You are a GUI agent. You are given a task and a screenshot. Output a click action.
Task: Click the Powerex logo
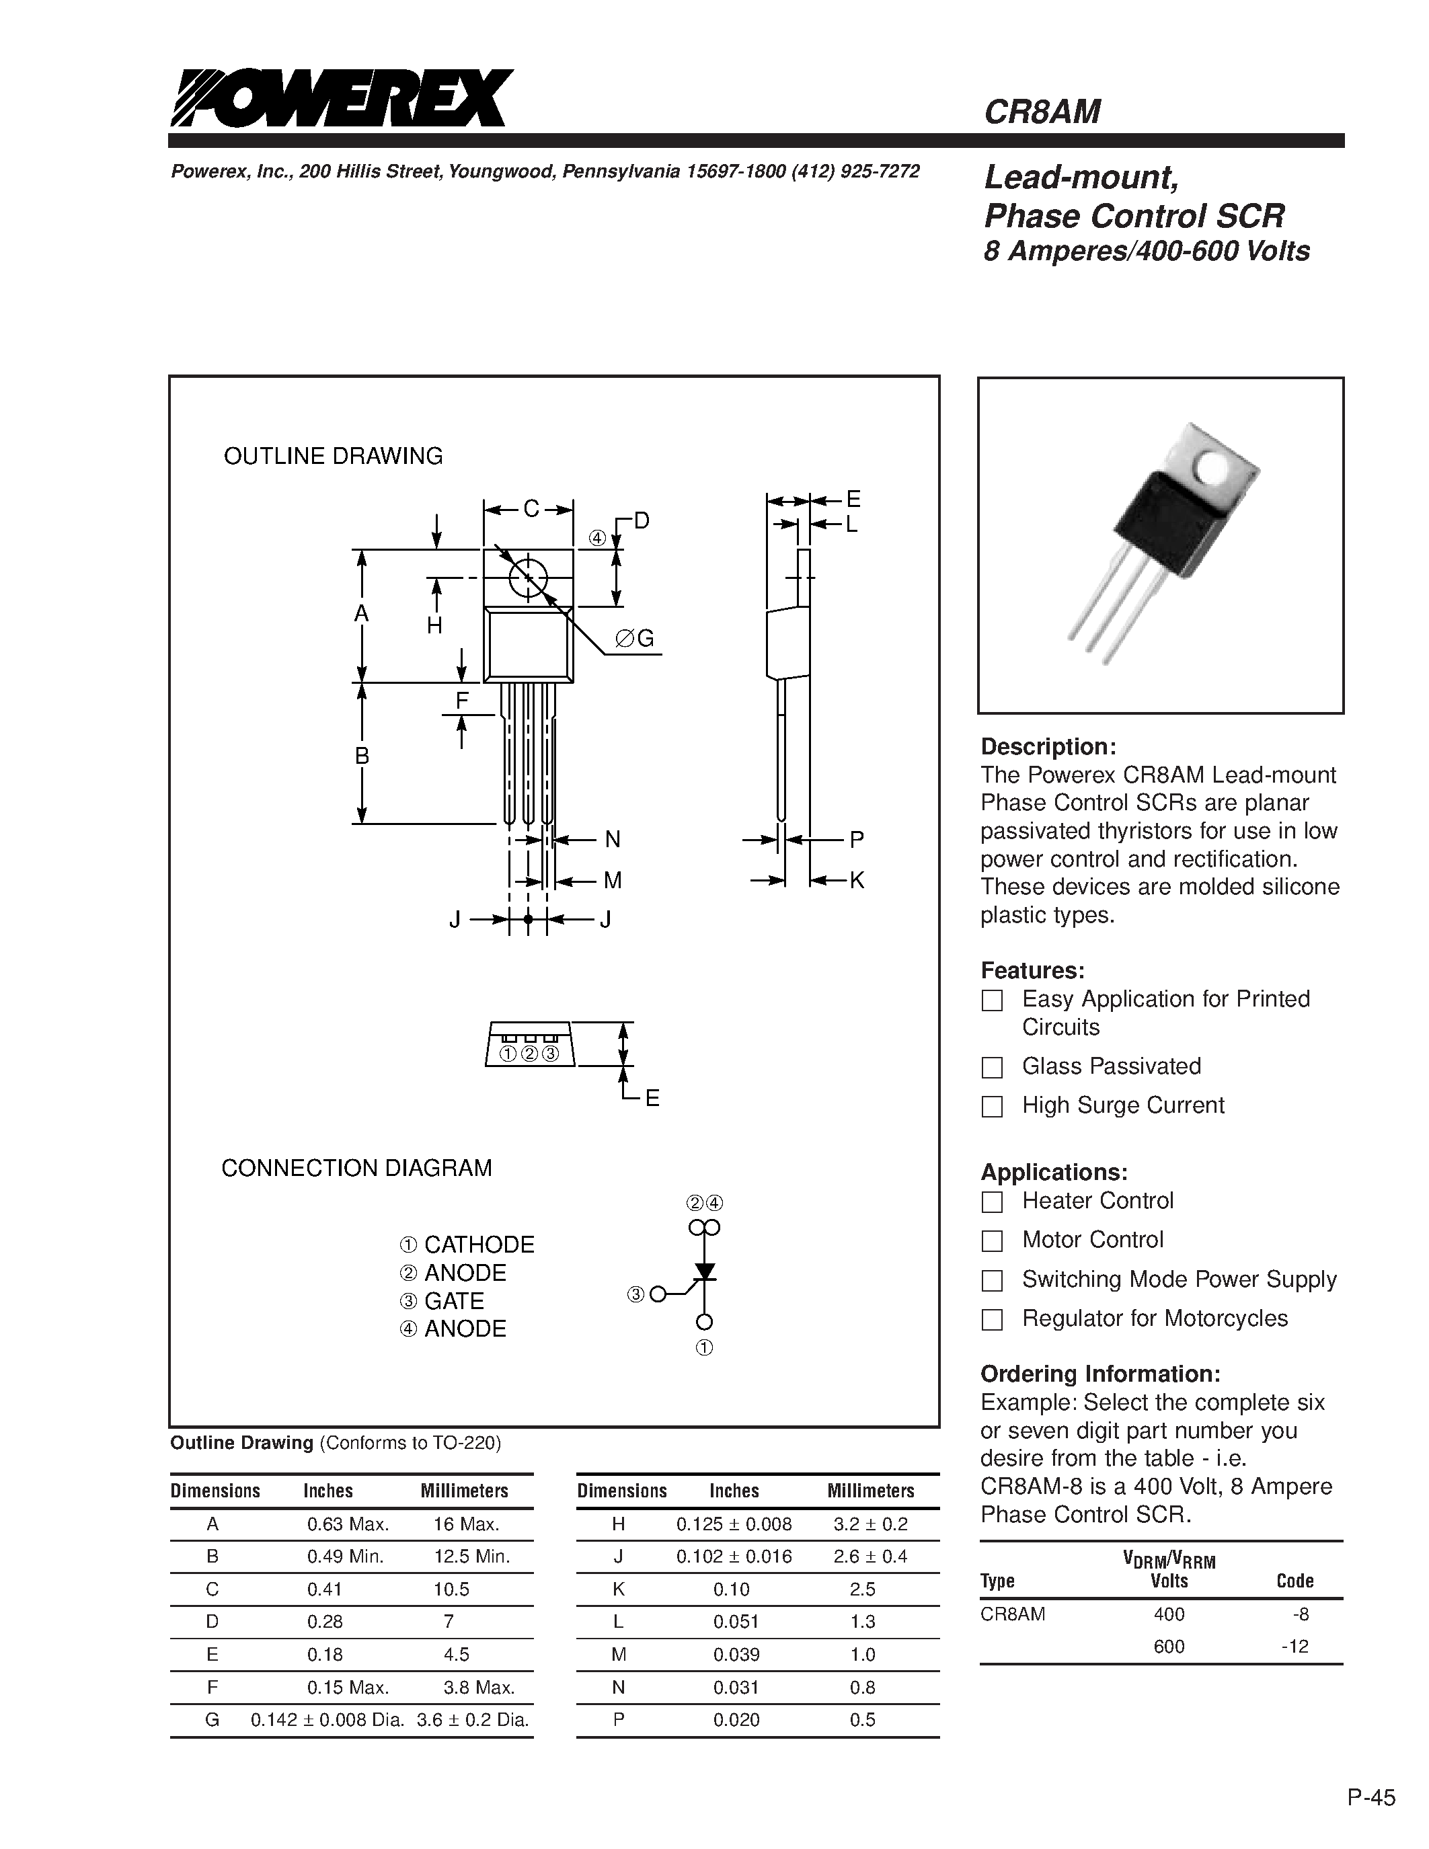pyautogui.click(x=340, y=98)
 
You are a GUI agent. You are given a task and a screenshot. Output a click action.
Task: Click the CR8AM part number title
pyautogui.click(x=1041, y=112)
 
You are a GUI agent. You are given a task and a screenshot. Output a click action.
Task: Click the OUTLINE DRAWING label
pyautogui.click(x=333, y=457)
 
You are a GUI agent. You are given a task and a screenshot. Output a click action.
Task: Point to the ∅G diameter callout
pyautogui.click(x=635, y=638)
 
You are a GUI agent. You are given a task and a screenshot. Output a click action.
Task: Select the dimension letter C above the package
pyautogui.click(x=530, y=509)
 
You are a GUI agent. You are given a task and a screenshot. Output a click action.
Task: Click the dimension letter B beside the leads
pyautogui.click(x=362, y=755)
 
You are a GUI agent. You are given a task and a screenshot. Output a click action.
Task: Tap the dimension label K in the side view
pyautogui.click(x=856, y=881)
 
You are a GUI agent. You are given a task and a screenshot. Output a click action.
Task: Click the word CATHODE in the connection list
pyautogui.click(x=479, y=1245)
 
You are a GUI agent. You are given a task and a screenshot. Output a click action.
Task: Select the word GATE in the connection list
pyautogui.click(x=454, y=1300)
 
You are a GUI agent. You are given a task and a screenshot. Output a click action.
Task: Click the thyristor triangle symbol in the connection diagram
pyautogui.click(x=704, y=1271)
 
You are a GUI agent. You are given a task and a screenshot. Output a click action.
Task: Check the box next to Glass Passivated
pyautogui.click(x=991, y=1067)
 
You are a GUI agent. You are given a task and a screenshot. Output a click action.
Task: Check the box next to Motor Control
pyautogui.click(x=991, y=1241)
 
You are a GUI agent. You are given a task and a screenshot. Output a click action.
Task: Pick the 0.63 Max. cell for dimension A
pyautogui.click(x=347, y=1524)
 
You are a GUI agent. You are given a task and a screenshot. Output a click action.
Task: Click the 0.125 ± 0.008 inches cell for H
pyautogui.click(x=734, y=1524)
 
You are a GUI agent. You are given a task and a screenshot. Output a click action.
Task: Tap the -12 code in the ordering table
pyautogui.click(x=1295, y=1647)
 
